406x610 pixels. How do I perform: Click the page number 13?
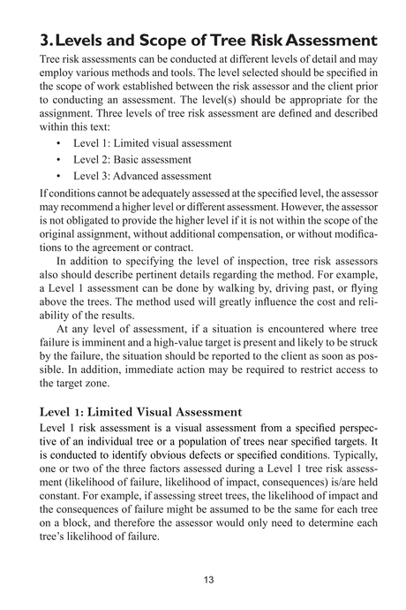208,580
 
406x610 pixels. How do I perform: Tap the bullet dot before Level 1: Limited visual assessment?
58,143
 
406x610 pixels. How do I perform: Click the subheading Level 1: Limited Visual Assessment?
140,412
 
